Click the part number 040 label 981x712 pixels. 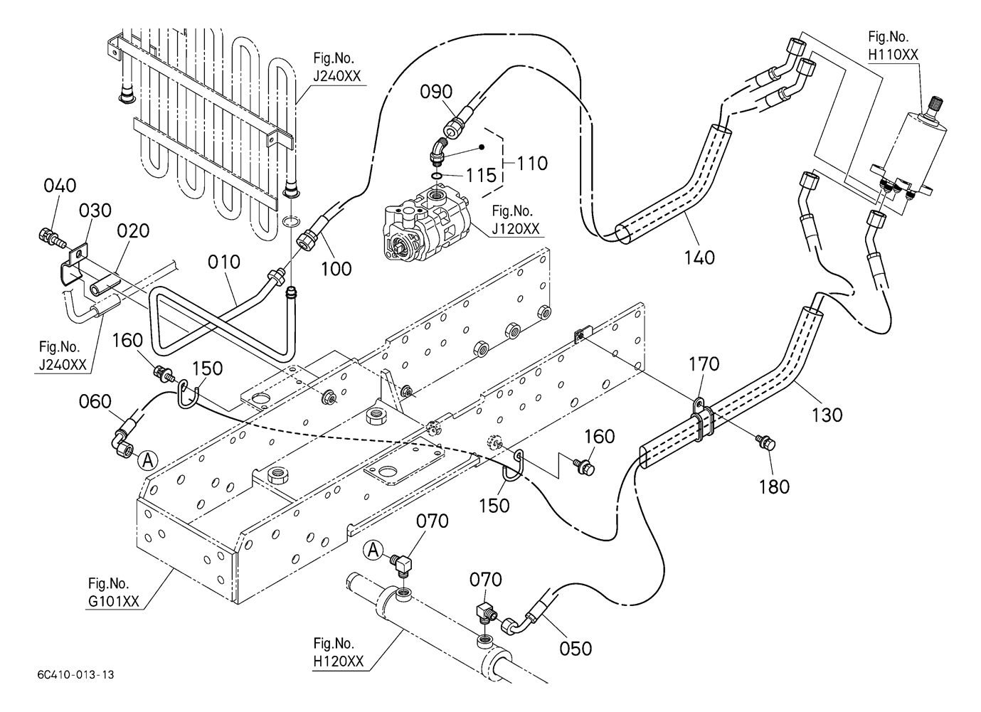pyautogui.click(x=60, y=186)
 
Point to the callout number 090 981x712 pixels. pyautogui.click(x=436, y=92)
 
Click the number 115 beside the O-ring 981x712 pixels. pyautogui.click(x=481, y=175)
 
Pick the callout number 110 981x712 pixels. pyautogui.click(x=533, y=164)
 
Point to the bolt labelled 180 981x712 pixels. pyautogui.click(x=766, y=444)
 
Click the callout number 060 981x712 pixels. pyautogui.click(x=95, y=403)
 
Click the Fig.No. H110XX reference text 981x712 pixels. pyautogui.click(x=893, y=45)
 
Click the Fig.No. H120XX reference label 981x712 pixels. pyautogui.click(x=337, y=653)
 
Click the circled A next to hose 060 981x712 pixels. pyautogui.click(x=147, y=460)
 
